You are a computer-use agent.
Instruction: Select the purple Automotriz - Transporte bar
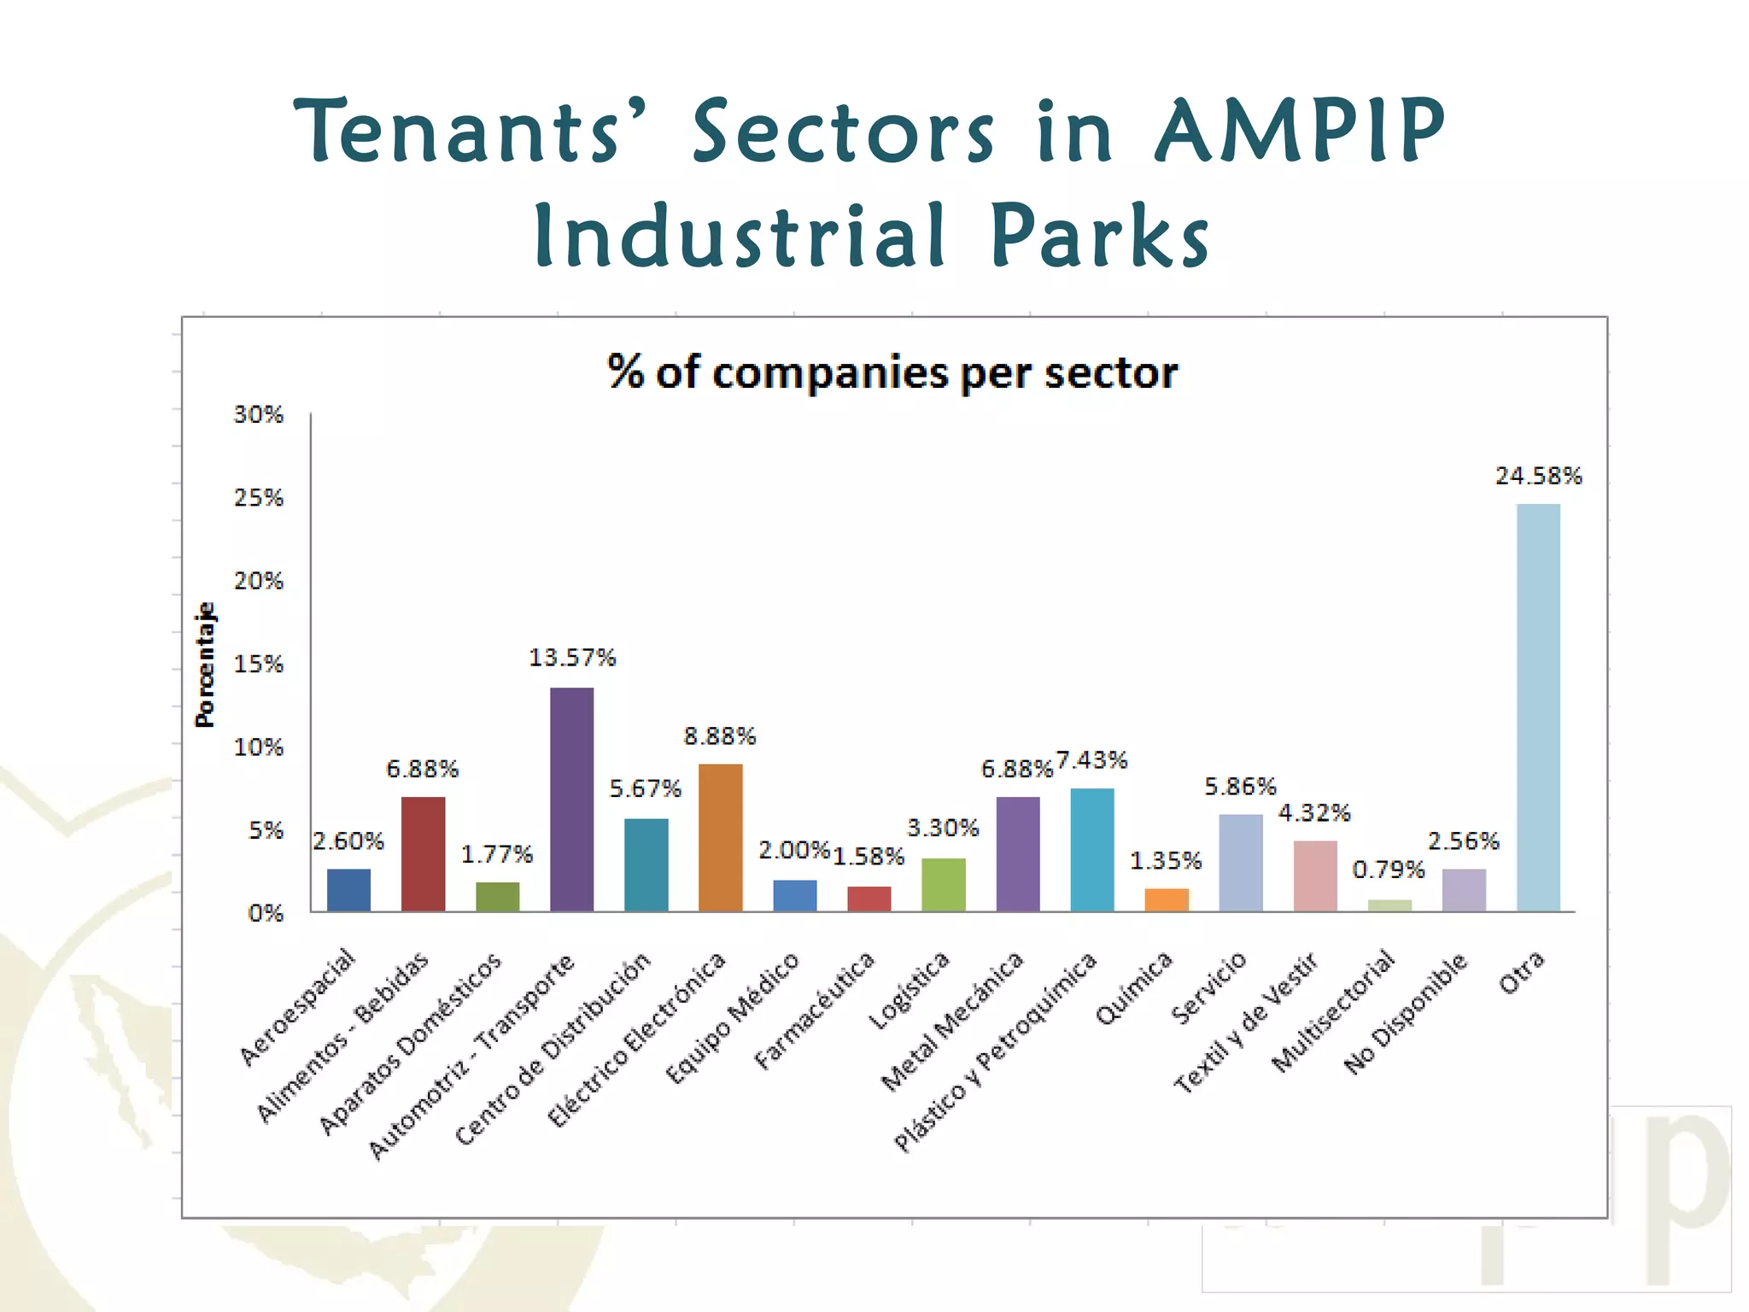pyautogui.click(x=571, y=799)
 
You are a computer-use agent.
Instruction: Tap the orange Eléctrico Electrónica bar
pyautogui.click(x=720, y=837)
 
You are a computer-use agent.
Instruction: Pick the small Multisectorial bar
pyautogui.click(x=1389, y=905)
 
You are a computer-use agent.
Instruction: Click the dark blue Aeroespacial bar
pyautogui.click(x=348, y=890)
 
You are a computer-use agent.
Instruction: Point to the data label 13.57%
pyautogui.click(x=571, y=658)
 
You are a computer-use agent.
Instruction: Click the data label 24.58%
pyautogui.click(x=1538, y=476)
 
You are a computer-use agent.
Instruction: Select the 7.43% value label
pyautogui.click(x=1091, y=759)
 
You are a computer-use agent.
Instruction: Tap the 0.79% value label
pyautogui.click(x=1389, y=870)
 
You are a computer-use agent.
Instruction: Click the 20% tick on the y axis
pyautogui.click(x=259, y=581)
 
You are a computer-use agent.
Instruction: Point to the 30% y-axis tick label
pyautogui.click(x=259, y=414)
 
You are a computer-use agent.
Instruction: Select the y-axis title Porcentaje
pyautogui.click(x=205, y=665)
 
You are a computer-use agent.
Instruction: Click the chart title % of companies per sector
pyautogui.click(x=892, y=372)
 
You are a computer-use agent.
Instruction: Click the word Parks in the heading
pyautogui.click(x=1099, y=237)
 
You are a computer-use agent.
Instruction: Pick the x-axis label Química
pyautogui.click(x=1134, y=987)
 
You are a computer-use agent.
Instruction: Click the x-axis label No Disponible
pyautogui.click(x=1406, y=1012)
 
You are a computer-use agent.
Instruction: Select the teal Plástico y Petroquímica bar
pyautogui.click(x=1091, y=850)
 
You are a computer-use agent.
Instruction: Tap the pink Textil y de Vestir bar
pyautogui.click(x=1315, y=876)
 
